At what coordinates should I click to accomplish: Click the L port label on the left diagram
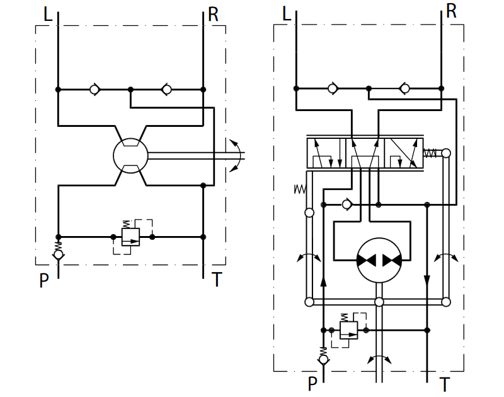tap(48, 15)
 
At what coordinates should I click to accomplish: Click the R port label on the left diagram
tap(213, 15)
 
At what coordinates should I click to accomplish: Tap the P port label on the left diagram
tap(43, 280)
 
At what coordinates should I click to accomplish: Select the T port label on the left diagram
tap(217, 280)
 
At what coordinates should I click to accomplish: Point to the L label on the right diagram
tap(287, 14)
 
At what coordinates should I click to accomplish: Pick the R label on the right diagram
tap(451, 11)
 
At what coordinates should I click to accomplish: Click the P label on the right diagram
tap(312, 384)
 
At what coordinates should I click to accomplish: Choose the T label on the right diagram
tap(444, 384)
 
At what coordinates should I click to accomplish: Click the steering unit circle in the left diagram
tap(130, 156)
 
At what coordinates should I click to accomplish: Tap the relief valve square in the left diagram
tap(130, 237)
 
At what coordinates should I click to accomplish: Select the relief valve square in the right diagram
tap(349, 330)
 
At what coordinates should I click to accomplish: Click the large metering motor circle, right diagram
tap(379, 261)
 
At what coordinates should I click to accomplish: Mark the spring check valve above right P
tap(323, 357)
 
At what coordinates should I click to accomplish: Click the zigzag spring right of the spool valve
tap(430, 153)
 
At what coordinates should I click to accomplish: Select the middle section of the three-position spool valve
tap(365, 153)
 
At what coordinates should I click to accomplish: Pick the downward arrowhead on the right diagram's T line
tap(427, 280)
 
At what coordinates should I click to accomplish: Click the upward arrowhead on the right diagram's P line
tap(323, 281)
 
